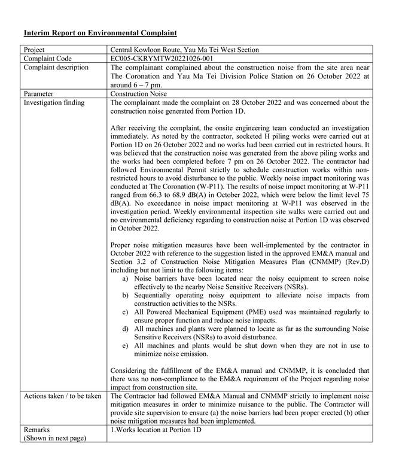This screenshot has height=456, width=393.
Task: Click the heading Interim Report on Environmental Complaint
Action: coord(100,32)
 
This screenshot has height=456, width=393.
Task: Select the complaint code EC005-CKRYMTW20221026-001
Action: coord(162,59)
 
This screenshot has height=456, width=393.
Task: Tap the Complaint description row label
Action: coord(56,68)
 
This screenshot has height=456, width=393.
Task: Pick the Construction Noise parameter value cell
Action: coord(139,94)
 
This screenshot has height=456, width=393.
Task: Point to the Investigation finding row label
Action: coord(54,103)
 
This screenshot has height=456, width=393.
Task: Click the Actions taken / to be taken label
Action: coord(62,396)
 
